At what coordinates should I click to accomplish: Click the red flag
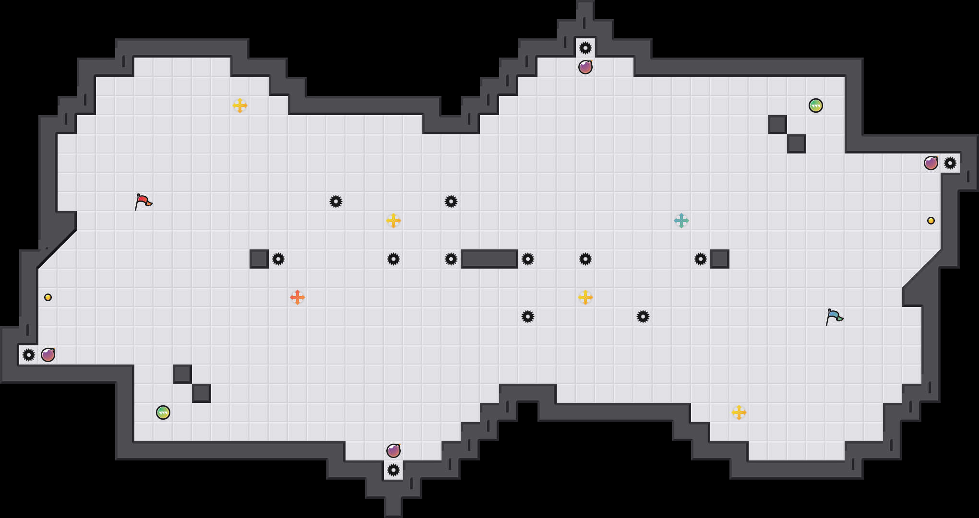pos(143,201)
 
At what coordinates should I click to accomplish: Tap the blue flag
pos(834,317)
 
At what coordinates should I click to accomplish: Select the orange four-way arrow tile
pos(298,297)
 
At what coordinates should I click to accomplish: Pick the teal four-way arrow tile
pos(681,221)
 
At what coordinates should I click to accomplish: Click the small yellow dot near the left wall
pos(48,297)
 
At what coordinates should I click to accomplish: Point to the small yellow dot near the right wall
pos(931,221)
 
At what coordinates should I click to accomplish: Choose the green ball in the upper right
pos(816,106)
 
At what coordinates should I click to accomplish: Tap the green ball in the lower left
pos(163,412)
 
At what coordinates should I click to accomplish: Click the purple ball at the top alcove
pos(585,67)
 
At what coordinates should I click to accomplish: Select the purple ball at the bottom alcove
pos(394,451)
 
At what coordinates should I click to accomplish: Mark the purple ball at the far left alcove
pos(48,355)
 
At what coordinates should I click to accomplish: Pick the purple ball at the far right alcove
pos(931,163)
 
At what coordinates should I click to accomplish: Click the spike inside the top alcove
pos(585,48)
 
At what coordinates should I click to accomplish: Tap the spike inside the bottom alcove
pos(394,470)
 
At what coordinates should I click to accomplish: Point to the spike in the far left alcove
pos(29,355)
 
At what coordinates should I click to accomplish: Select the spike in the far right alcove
pos(950,163)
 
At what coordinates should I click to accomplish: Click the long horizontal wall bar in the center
pos(489,259)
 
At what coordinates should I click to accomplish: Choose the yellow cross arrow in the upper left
pos(240,106)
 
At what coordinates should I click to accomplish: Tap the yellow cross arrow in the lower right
pos(739,412)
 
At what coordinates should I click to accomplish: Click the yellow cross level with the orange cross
pos(585,297)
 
